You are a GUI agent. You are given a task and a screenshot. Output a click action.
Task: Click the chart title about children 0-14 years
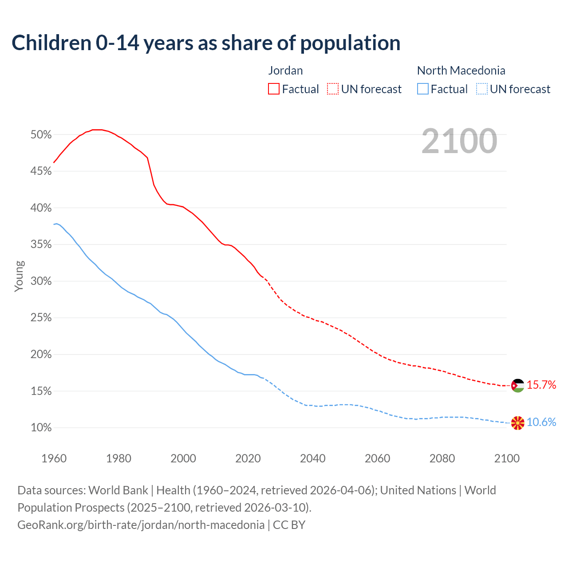tap(206, 43)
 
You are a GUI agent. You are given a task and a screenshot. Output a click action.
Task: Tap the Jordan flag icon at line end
tap(517, 385)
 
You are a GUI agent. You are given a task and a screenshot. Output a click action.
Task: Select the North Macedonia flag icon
tap(517, 423)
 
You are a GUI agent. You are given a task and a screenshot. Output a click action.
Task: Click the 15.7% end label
tap(541, 385)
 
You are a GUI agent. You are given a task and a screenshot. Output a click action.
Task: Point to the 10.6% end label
tap(541, 422)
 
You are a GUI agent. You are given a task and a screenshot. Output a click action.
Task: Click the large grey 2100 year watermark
tap(459, 141)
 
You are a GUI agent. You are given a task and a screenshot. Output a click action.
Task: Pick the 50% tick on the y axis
tap(41, 134)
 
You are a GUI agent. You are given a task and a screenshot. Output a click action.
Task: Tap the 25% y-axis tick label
tap(41, 318)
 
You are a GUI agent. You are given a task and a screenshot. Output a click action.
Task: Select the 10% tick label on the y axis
tap(41, 428)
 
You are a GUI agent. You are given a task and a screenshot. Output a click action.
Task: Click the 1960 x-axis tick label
tap(54, 458)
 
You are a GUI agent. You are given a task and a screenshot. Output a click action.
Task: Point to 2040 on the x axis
tap(312, 458)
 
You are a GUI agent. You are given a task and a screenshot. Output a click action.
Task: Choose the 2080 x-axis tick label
tap(442, 458)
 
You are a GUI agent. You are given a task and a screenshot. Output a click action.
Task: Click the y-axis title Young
tap(19, 276)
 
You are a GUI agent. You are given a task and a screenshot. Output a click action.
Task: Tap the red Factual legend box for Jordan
tap(273, 89)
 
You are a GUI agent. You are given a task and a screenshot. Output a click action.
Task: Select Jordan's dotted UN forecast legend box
tap(333, 89)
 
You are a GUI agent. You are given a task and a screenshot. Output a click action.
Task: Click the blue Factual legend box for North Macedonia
tap(423, 89)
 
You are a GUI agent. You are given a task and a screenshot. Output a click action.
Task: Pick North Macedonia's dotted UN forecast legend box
tap(482, 89)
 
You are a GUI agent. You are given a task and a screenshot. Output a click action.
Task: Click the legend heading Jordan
tap(285, 71)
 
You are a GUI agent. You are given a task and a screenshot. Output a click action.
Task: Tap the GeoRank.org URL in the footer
tap(141, 525)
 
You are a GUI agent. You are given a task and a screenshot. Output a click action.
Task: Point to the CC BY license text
tap(289, 525)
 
